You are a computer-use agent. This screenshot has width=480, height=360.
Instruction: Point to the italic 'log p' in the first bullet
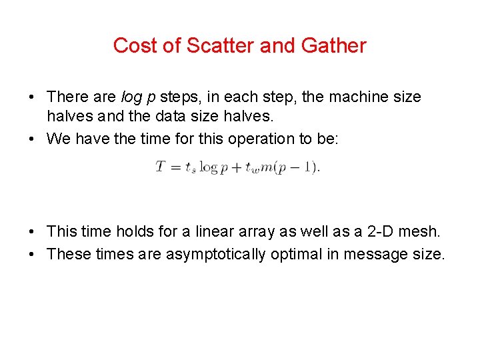(139, 97)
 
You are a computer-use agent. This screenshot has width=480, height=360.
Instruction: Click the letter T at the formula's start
(161, 166)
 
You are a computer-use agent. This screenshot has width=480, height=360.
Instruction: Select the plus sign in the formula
(234, 167)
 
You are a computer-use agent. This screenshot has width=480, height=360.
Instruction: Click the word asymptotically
(217, 254)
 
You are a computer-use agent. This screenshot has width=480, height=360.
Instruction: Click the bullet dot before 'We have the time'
(32, 139)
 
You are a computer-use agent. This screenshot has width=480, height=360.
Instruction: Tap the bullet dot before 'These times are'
(32, 254)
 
